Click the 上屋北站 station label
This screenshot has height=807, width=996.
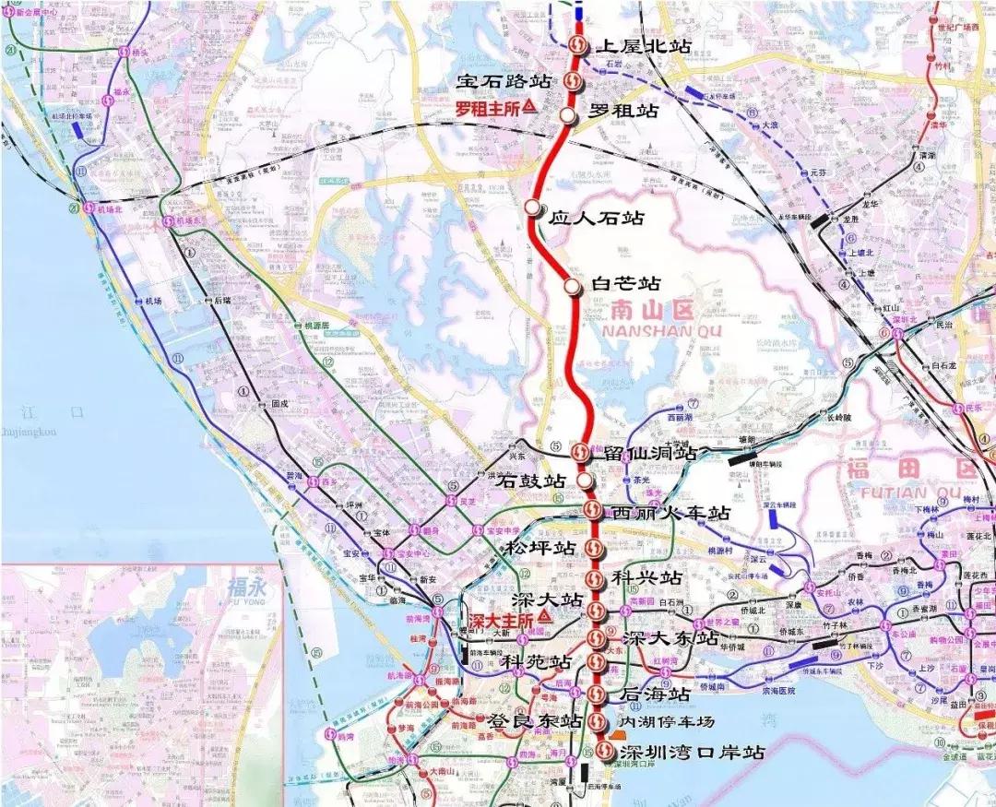(644, 45)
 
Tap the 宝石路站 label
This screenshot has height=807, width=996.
(504, 81)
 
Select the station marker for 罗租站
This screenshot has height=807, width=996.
(568, 115)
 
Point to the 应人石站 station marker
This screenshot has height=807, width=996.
(533, 208)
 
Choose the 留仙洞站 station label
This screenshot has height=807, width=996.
(649, 453)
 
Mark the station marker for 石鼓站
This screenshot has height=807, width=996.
(586, 481)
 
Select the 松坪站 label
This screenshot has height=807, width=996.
(539, 548)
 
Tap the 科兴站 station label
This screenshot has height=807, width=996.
(646, 577)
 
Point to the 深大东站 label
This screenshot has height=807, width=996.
(670, 638)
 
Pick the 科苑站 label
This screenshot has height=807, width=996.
(536, 662)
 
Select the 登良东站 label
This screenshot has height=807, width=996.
(528, 720)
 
